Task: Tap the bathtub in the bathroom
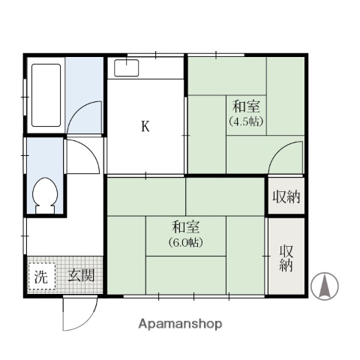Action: point(46,95)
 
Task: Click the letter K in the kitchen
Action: point(145,125)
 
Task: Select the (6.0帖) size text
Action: point(185,241)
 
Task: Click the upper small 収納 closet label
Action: point(286,197)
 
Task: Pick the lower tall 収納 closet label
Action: point(286,258)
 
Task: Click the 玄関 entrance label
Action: point(82,275)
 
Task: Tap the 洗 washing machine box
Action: point(40,276)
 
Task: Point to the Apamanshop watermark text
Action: point(180,325)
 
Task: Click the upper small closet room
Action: point(286,196)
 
